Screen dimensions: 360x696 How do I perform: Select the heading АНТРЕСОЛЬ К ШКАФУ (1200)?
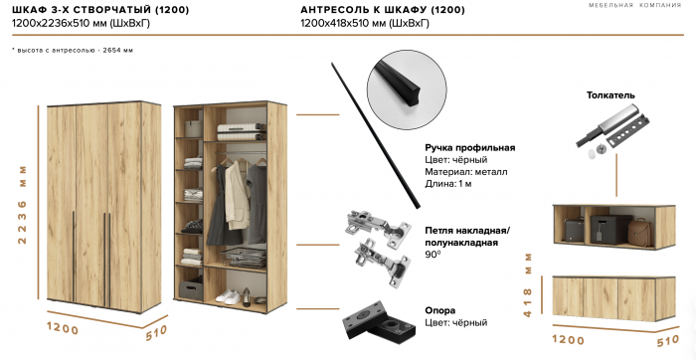pyautogui.click(x=372, y=10)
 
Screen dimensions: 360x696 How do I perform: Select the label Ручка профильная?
pyautogui.click(x=469, y=147)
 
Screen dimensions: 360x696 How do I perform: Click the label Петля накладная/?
pyautogui.click(x=467, y=228)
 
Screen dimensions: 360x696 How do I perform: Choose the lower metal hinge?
pyautogui.click(x=382, y=266)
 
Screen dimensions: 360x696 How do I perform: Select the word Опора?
pyautogui.click(x=442, y=309)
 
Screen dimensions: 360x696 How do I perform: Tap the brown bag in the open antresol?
pyautogui.click(x=639, y=234)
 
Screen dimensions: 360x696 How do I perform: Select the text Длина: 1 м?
pyautogui.click(x=454, y=183)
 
